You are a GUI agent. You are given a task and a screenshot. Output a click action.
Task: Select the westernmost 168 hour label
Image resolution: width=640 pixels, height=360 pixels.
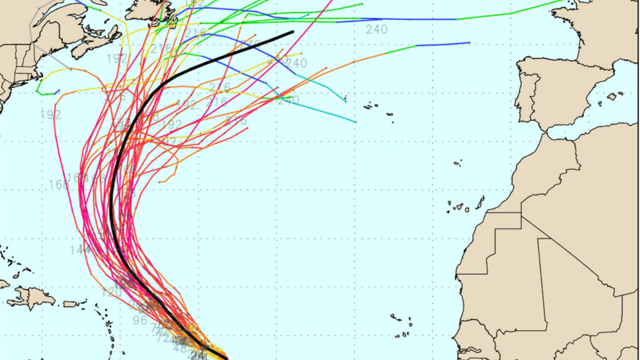tap(59, 185)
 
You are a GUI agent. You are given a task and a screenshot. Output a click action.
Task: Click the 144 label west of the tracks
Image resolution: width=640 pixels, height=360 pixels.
tap(80, 250)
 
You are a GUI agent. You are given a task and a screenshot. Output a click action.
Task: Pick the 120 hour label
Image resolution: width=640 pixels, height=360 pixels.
tap(111, 293)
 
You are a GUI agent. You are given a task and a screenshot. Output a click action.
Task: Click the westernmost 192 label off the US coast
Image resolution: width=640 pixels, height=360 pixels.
tap(51, 115)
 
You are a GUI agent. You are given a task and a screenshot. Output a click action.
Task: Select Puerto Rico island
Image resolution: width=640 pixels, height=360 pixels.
tap(70, 304)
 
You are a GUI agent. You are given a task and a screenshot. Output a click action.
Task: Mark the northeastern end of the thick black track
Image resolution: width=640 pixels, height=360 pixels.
tap(293, 31)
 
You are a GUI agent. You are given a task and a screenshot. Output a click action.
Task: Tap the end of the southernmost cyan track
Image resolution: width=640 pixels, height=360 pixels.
tap(355, 122)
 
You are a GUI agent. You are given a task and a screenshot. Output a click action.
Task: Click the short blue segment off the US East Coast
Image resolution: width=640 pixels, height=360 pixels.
tap(57, 91)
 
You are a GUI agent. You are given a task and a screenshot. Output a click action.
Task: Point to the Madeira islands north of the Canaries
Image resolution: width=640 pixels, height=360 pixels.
tap(458, 163)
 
